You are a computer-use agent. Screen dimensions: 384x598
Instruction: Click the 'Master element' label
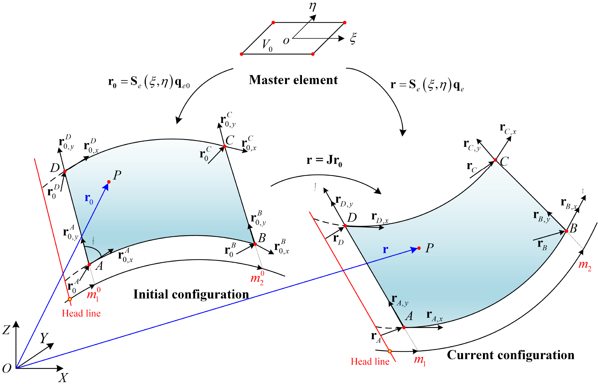tap(293, 80)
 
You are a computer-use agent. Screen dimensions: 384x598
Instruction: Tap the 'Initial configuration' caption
tap(191, 294)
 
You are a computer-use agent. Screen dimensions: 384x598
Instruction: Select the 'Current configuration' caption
tap(510, 355)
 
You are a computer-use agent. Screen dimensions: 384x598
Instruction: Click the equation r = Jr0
tap(324, 160)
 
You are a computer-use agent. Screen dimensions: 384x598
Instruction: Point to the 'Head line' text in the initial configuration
tap(81, 313)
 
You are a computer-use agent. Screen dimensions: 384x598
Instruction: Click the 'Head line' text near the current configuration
tap(370, 361)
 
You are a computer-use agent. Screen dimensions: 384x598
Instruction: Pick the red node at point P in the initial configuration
tap(109, 182)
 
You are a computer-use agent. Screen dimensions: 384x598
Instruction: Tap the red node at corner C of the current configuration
tap(495, 160)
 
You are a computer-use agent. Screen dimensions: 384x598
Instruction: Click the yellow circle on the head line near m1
tap(390, 351)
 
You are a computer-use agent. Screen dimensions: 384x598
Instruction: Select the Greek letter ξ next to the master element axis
tap(353, 39)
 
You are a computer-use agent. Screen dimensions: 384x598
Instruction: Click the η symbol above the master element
tap(312, 7)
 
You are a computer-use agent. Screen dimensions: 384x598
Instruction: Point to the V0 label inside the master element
tap(267, 45)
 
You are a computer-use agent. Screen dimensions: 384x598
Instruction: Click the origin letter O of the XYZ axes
tap(7, 368)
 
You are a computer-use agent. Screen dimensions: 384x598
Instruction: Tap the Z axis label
tap(6, 330)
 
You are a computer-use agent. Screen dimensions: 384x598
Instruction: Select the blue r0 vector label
tap(89, 198)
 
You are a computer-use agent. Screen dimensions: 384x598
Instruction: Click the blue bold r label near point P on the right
tap(386, 250)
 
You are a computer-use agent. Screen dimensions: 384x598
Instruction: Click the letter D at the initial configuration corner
tap(55, 168)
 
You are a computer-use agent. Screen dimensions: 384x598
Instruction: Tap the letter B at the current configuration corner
tap(573, 228)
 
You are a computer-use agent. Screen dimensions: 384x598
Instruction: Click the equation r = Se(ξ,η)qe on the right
tap(427, 85)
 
